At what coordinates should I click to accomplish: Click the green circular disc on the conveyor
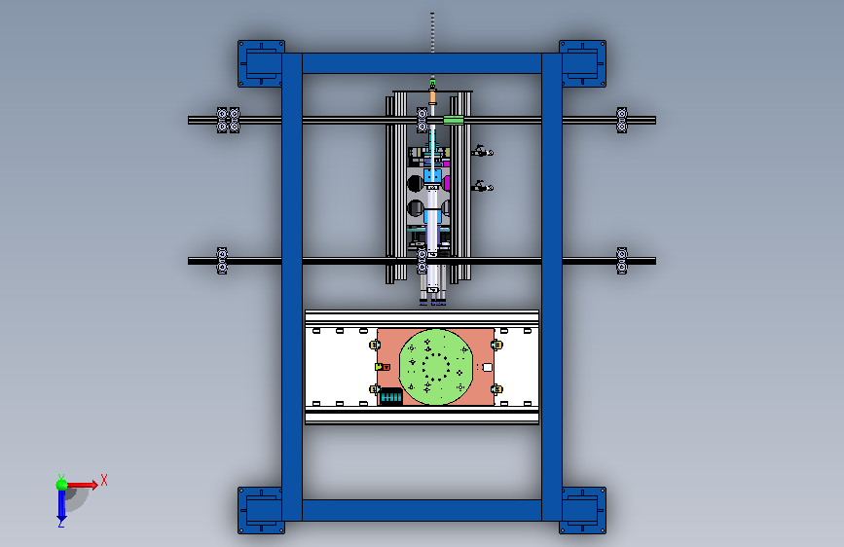pos(436,367)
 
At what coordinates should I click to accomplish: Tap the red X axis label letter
pos(104,480)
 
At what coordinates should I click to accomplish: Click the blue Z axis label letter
pos(61,523)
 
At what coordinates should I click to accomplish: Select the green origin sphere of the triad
pos(62,485)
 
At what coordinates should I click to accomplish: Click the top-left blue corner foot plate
pos(261,63)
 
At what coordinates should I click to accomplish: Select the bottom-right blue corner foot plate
pos(583,510)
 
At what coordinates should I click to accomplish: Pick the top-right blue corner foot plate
pos(583,63)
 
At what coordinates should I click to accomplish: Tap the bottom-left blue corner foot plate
pos(261,510)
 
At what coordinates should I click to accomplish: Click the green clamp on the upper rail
pos(454,120)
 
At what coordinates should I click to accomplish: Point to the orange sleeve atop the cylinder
pos(432,97)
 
